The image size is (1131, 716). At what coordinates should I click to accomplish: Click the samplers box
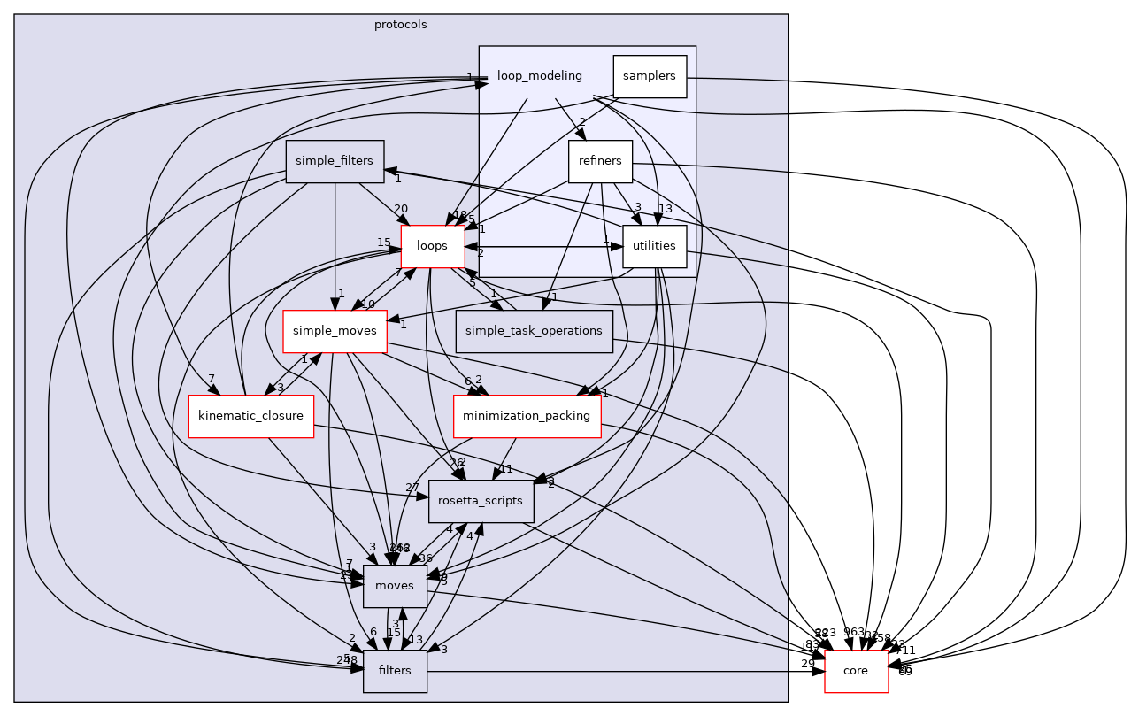point(650,76)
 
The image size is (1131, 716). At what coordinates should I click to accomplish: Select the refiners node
point(600,161)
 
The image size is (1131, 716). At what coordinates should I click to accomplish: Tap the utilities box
point(655,246)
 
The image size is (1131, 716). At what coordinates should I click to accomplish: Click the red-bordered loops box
point(433,246)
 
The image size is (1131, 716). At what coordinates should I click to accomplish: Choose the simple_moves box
point(335,331)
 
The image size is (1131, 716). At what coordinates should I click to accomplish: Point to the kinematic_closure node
point(251,416)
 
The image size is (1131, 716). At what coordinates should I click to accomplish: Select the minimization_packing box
point(527,416)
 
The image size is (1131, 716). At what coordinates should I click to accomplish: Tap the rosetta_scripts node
point(481,501)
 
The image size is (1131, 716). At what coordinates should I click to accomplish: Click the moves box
point(395,586)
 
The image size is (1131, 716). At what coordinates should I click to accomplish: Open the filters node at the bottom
point(395,671)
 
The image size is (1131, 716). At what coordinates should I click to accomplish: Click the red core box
point(856,671)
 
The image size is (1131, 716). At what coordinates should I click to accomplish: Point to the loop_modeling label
point(540,76)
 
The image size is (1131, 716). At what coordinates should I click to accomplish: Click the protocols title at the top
point(400,24)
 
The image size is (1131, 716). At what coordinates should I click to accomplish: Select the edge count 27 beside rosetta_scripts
point(412,488)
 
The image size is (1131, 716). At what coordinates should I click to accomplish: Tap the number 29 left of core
point(807,664)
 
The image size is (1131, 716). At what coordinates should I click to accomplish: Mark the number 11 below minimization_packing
point(505,469)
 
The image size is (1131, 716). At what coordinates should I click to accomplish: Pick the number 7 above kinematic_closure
point(212,380)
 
